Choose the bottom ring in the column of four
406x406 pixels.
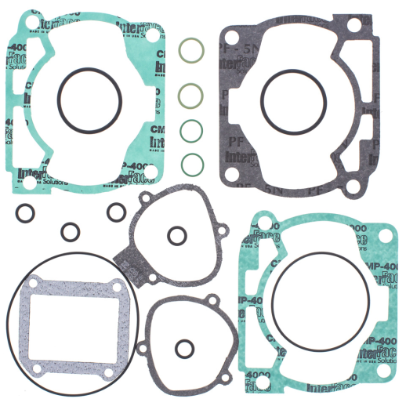188,163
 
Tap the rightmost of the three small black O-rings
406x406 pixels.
117,212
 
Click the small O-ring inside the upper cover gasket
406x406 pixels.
176,234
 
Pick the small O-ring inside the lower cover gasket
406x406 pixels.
184,347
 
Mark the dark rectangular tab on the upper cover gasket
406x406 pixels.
129,266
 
